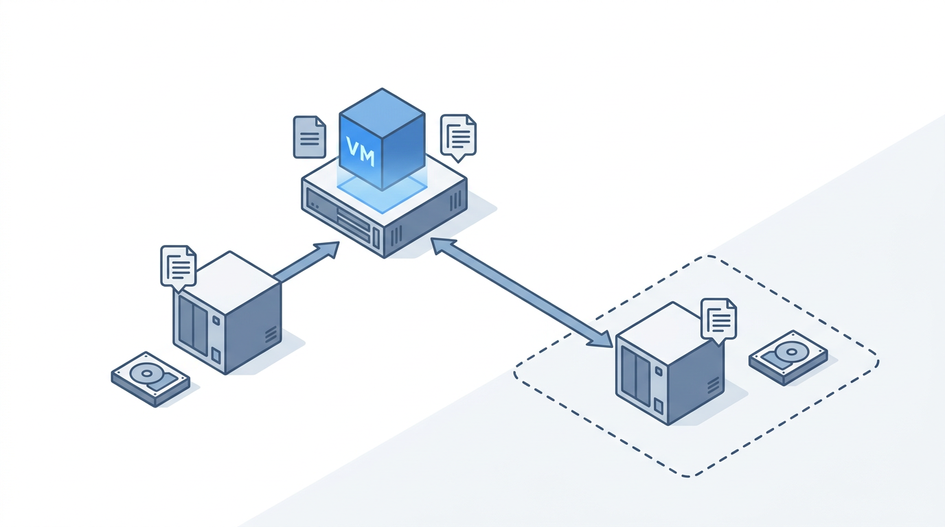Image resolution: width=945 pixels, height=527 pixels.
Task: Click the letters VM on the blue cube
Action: click(x=360, y=152)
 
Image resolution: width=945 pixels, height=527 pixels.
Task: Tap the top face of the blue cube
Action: click(x=382, y=113)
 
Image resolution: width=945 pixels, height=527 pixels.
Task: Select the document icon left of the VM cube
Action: click(x=309, y=137)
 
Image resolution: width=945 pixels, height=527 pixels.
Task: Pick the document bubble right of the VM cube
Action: click(x=458, y=138)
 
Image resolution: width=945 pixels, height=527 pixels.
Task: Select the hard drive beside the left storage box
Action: click(x=150, y=379)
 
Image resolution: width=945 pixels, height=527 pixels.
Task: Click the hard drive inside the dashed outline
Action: click(x=788, y=358)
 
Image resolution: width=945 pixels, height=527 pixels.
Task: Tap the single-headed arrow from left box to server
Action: click(x=306, y=262)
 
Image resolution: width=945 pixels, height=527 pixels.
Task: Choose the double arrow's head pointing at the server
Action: click(x=443, y=246)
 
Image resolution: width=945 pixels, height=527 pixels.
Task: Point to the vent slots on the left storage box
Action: click(x=271, y=334)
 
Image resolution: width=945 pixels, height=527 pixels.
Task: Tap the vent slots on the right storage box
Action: click(x=714, y=386)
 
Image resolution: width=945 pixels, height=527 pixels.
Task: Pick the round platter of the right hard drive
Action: click(x=792, y=351)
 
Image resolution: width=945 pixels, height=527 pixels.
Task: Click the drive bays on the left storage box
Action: click(x=193, y=325)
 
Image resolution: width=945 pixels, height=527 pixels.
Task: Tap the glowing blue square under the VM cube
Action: click(x=382, y=192)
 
